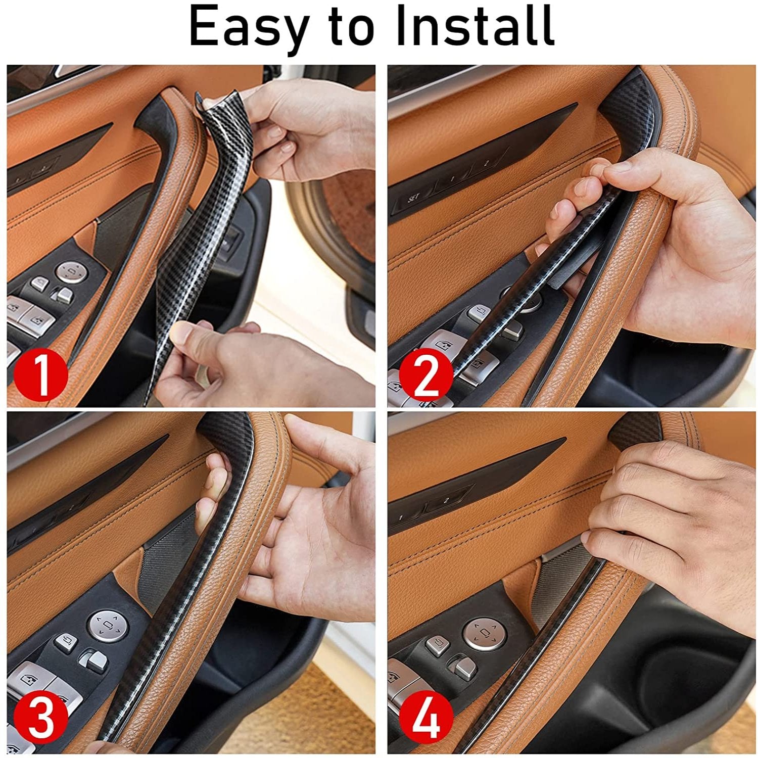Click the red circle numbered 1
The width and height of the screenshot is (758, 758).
[40, 373]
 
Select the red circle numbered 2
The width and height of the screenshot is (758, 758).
[425, 374]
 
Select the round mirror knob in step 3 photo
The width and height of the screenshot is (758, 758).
[107, 627]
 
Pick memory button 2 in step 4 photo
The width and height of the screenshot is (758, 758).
[446, 501]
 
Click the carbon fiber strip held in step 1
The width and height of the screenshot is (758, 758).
[202, 227]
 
